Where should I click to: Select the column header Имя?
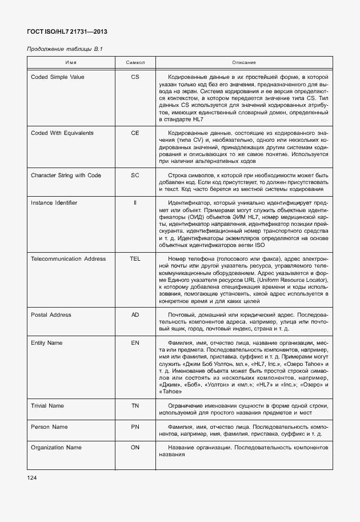[x=71, y=62]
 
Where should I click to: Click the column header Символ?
[x=135, y=62]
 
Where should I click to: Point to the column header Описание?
[x=243, y=62]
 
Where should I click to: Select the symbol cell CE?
[x=135, y=133]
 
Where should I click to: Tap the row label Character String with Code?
[x=67, y=175]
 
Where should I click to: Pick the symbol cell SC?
[x=135, y=175]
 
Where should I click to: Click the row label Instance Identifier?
[x=54, y=203]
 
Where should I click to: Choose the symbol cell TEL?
[x=135, y=259]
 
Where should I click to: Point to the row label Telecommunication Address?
[x=68, y=259]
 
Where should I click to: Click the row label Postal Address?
[x=51, y=315]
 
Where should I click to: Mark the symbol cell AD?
[x=135, y=315]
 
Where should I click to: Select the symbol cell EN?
[x=135, y=343]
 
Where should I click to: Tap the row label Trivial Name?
[x=47, y=406]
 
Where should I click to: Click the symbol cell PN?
[x=135, y=427]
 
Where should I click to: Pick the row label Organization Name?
[x=56, y=448]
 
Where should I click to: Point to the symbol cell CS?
[x=135, y=77]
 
